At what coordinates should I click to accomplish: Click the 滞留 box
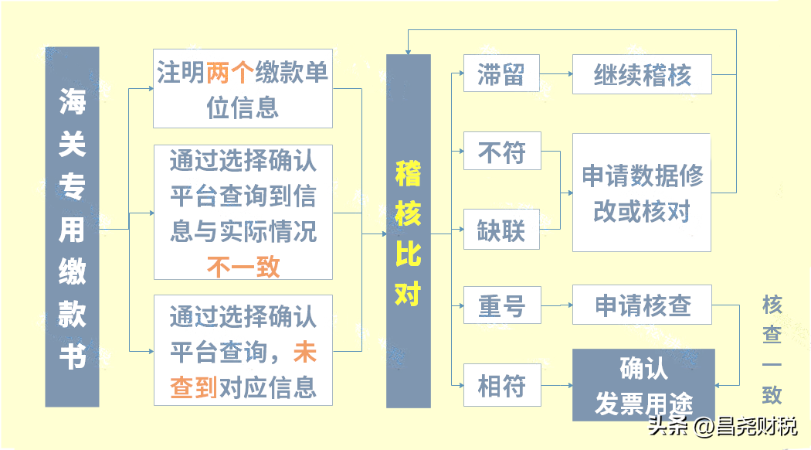pos(501,73)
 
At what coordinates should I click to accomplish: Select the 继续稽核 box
pos(642,74)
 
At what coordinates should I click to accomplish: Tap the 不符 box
pos(502,152)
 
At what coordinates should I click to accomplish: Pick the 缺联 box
pos(501,230)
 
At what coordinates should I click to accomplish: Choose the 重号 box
pos(502,305)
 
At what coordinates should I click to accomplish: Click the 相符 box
pos(502,385)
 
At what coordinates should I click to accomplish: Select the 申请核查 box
pos(642,305)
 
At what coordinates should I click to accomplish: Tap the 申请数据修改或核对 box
pos(641,193)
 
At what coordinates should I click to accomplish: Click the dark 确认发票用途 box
pos(643,385)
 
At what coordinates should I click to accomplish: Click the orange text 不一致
pos(243,267)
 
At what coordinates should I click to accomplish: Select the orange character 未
pos(304,352)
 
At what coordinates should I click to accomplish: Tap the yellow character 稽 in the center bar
pos(408,173)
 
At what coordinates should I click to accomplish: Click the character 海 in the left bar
pos(72,101)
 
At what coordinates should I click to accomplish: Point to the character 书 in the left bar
pos(72,357)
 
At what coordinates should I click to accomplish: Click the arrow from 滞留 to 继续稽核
pos(556,74)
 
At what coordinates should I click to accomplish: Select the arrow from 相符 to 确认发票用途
pos(557,385)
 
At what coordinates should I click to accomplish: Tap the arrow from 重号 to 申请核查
pos(557,305)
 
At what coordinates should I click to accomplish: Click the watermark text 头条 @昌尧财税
pos(722,427)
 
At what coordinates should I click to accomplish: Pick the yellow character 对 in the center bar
pos(408,294)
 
